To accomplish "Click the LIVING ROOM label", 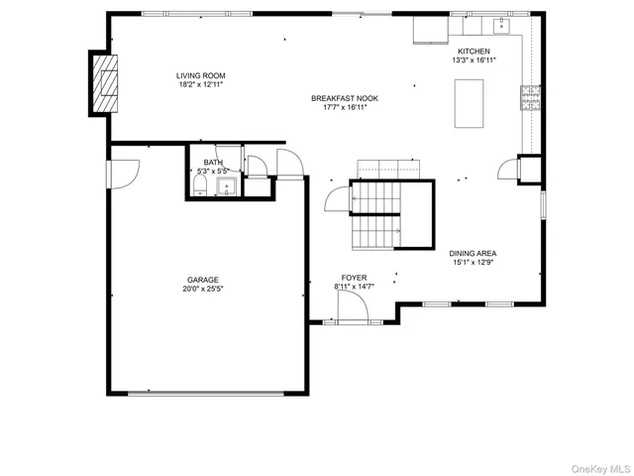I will tap(201, 75).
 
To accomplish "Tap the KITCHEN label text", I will tap(473, 52).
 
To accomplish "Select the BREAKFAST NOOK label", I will tap(345, 98).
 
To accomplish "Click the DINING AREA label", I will tap(473, 254).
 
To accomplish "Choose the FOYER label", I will tap(355, 278).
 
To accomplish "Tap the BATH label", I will tap(214, 163).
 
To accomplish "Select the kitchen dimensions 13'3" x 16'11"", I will tap(473, 60).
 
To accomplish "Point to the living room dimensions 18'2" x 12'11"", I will tap(201, 84).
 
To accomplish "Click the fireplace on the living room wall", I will tap(105, 79).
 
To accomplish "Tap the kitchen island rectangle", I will tap(469, 103).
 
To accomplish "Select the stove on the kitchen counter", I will tap(531, 97).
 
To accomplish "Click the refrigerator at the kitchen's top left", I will tap(429, 30).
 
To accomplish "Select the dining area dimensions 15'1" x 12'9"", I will tap(473, 263).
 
